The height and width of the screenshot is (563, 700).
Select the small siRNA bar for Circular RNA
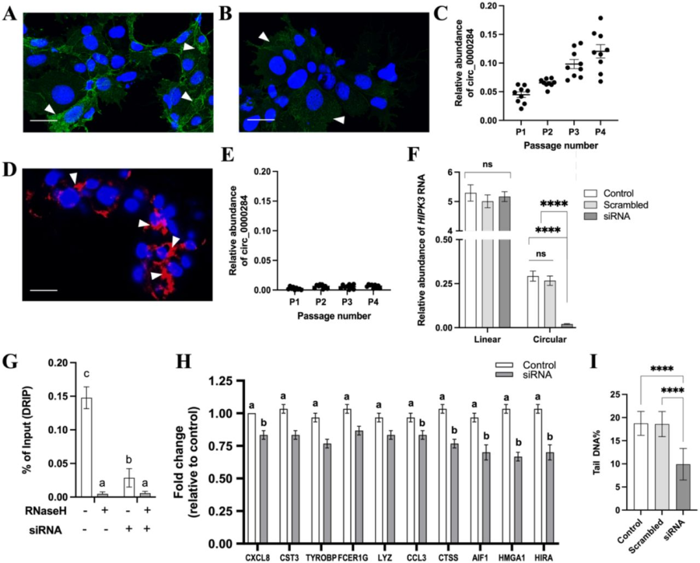[566, 325]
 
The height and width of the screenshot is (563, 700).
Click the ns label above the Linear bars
[487, 164]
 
